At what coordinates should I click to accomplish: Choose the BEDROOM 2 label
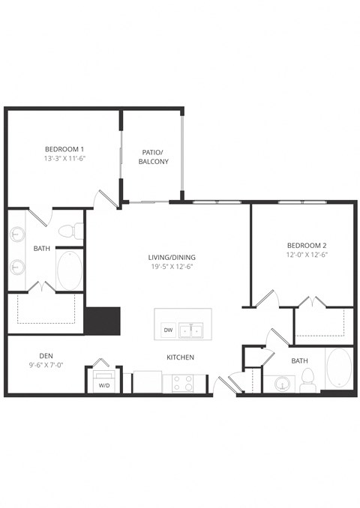pos(307,245)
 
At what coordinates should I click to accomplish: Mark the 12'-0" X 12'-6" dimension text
pos(307,255)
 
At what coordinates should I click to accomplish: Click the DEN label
pos(46,355)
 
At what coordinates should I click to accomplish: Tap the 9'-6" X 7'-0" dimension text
pos(46,366)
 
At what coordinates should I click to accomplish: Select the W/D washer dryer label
pos(103,386)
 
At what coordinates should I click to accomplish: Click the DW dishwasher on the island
pos(168,330)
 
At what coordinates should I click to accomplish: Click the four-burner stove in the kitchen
pos(181,383)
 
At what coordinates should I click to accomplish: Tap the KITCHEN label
pos(181,357)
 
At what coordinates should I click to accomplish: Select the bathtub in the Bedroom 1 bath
pos(70,270)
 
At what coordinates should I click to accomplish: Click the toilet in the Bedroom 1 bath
pos(67,229)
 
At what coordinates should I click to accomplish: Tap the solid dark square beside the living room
pos(102,321)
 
